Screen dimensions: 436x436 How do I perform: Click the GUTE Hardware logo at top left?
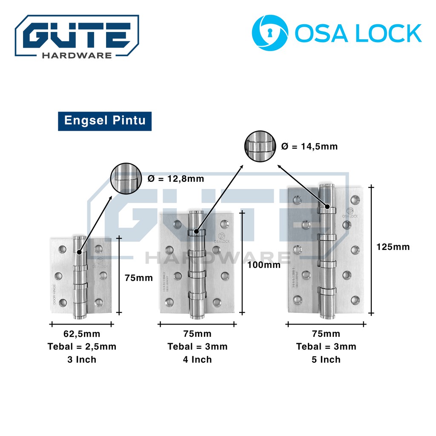pos(77,36)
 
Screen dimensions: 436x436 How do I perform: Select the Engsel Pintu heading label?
pos(105,120)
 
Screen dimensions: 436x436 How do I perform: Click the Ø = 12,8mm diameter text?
pos(176,179)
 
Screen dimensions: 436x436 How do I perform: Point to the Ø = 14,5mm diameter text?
pos(310,146)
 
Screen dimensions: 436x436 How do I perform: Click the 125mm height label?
pos(393,247)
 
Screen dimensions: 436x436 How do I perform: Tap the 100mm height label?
pos(264,265)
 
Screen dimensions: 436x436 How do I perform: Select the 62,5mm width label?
pos(82,334)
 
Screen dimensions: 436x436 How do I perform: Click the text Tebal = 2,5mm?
pos(82,347)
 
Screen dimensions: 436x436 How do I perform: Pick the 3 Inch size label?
pos(82,359)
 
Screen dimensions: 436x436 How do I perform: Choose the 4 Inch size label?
pos(197,359)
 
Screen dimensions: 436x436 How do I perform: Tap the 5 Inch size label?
pos(326,359)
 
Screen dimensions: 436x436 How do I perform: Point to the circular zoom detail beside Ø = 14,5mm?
pos(260,146)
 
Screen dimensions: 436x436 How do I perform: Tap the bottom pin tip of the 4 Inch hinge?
pos(196,317)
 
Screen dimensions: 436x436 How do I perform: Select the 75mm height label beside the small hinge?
pos(138,278)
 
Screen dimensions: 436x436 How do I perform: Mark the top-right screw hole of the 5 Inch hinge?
pos(355,199)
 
